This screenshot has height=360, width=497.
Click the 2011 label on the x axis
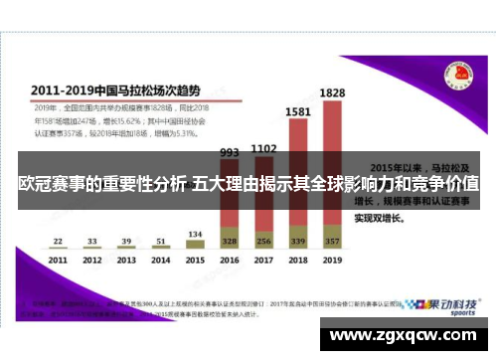[x=59, y=260]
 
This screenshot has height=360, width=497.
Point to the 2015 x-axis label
[x=195, y=260]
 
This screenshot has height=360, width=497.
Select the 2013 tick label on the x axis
[x=126, y=260]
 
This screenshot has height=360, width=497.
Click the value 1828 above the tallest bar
[x=332, y=92]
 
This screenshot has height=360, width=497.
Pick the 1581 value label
[x=297, y=112]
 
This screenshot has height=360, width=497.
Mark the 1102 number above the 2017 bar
[x=263, y=148]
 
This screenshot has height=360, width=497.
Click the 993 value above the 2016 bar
[x=230, y=153]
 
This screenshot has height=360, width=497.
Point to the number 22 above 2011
[x=59, y=241]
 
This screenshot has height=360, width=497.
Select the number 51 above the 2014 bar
[x=161, y=241]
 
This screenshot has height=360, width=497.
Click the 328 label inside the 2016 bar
[x=230, y=241]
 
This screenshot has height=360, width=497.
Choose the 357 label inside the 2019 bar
[x=332, y=241]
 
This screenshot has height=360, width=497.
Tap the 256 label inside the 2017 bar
[x=263, y=241]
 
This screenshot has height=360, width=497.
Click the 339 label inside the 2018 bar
[x=297, y=241]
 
